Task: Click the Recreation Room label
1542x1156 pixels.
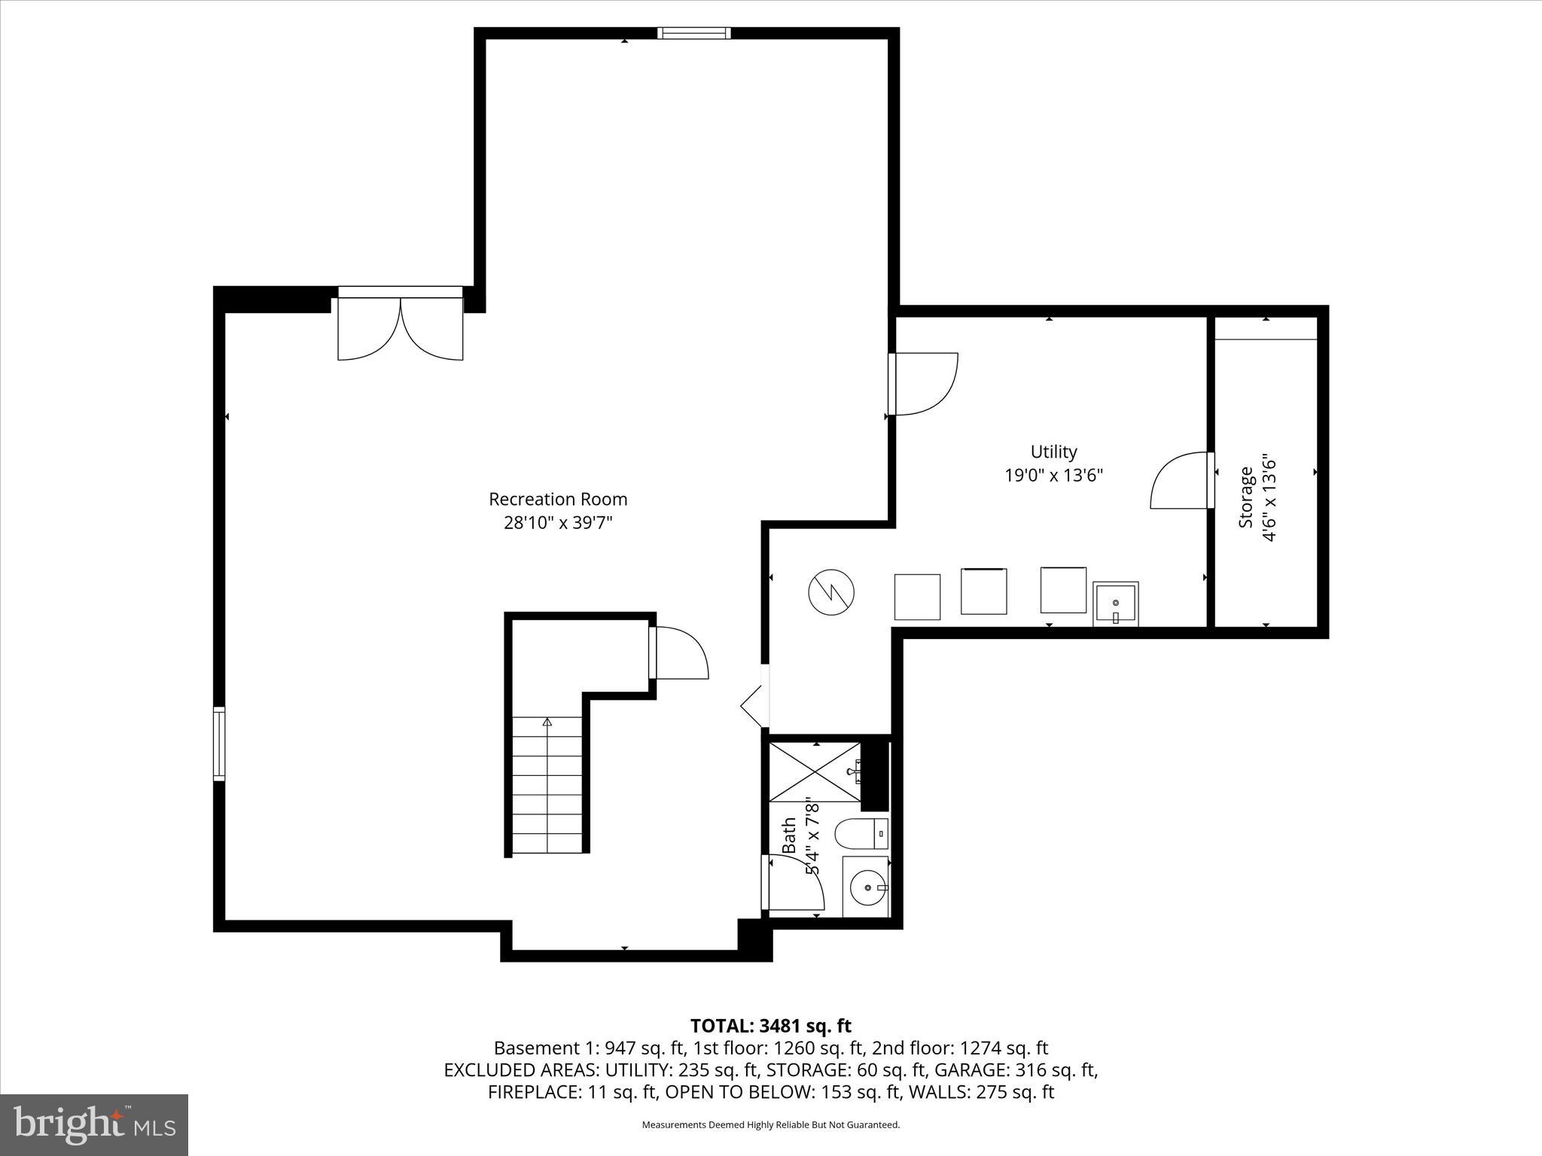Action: (x=558, y=499)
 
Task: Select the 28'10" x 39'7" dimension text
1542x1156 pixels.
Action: (x=558, y=523)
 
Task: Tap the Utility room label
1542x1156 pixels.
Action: (x=1053, y=452)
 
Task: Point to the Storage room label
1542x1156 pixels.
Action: (x=1246, y=497)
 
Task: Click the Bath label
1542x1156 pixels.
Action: (x=789, y=835)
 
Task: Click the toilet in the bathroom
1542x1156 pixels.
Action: (x=861, y=832)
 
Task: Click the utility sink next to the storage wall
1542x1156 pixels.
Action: (x=1115, y=603)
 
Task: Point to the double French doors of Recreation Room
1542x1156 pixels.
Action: (x=400, y=328)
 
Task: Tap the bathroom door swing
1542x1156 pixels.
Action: (x=794, y=884)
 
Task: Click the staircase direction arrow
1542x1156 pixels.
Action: (x=547, y=722)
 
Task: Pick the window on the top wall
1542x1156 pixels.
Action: (x=693, y=33)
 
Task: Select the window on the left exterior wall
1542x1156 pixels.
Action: (x=219, y=744)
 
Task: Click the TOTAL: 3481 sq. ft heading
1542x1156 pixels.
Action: (x=770, y=1026)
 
